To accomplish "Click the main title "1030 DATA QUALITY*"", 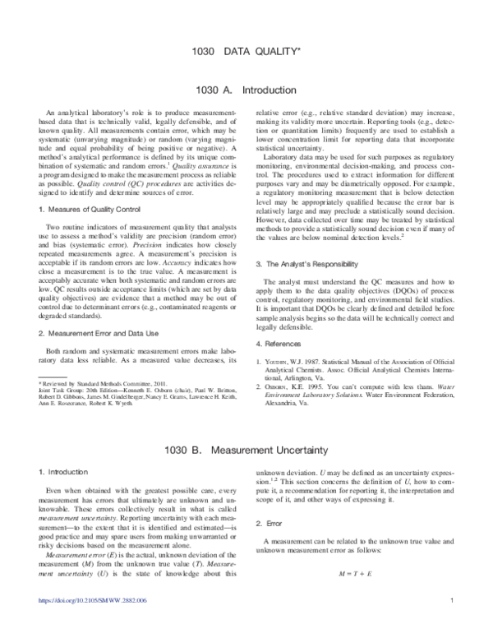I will [x=246, y=52].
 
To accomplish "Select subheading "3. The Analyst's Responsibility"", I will [x=307, y=241].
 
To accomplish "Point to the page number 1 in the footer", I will [x=452, y=623].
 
